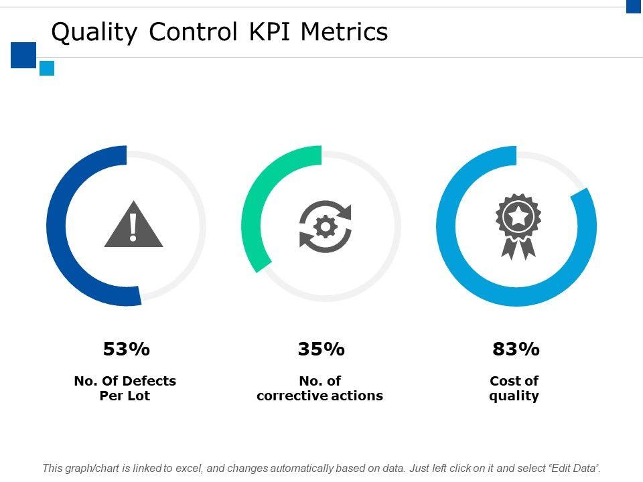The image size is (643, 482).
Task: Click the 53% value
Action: click(x=127, y=349)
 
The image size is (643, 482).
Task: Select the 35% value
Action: click(x=321, y=349)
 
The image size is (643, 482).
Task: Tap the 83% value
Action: click(x=516, y=349)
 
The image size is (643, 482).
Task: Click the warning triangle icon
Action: click(x=133, y=226)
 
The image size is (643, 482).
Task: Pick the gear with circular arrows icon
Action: click(x=326, y=226)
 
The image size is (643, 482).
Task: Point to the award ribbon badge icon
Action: click(x=518, y=226)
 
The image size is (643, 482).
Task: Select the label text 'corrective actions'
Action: click(x=319, y=396)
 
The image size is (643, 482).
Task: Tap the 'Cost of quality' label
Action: click(x=514, y=388)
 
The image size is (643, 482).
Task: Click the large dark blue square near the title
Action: click(x=23, y=55)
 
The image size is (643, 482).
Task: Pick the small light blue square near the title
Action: click(x=47, y=68)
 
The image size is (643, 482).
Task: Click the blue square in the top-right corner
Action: click(x=634, y=6)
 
